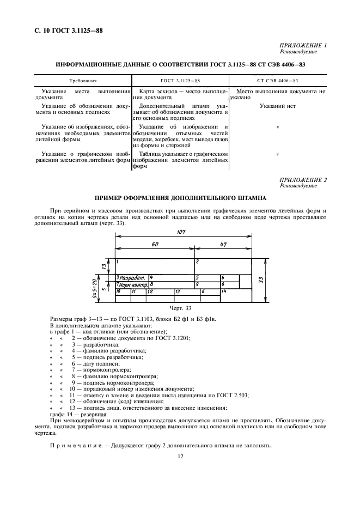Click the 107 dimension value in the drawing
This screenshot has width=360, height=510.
tap(181, 232)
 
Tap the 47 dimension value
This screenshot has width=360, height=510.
tap(223, 245)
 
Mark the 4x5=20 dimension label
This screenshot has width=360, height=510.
tap(95, 284)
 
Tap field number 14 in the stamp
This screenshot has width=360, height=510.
tap(223, 292)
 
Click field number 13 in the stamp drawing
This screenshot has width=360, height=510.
tap(177, 292)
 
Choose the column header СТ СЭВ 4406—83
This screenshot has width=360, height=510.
tap(277, 80)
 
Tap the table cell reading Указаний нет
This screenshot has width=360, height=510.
tap(277, 106)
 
